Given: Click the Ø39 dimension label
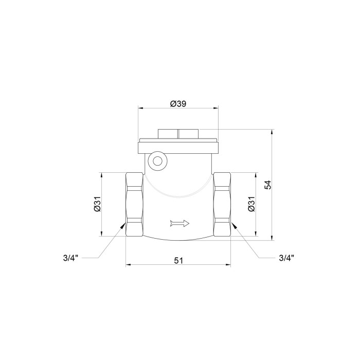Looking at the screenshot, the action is click(178, 104).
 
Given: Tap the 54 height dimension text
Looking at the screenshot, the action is click(268, 185).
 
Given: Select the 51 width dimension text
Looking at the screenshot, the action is click(178, 261).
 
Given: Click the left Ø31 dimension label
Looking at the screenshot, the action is click(97, 204).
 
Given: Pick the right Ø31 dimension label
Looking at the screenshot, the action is click(251, 204).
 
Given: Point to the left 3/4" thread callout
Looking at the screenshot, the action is click(71, 258).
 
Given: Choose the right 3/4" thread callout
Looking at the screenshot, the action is click(286, 258).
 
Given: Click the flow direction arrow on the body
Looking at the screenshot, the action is click(179, 223).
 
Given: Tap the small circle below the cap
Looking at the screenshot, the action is click(157, 161).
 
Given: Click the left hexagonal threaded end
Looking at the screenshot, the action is click(135, 204).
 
